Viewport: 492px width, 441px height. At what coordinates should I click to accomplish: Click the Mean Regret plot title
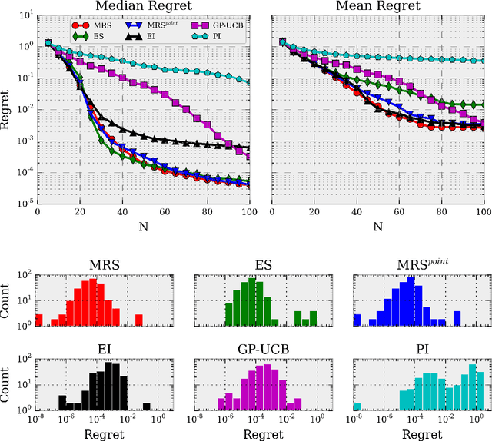point(377,7)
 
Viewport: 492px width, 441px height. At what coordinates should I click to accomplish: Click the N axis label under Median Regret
point(145,227)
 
